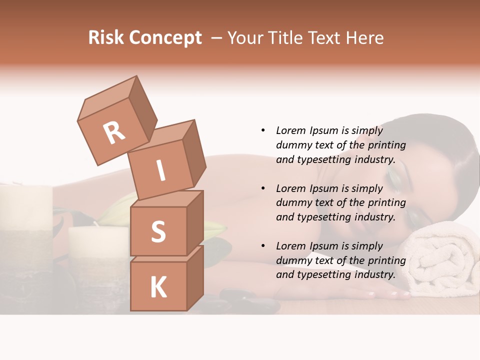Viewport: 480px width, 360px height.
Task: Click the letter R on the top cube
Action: click(x=114, y=133)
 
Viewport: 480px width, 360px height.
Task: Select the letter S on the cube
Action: click(x=158, y=231)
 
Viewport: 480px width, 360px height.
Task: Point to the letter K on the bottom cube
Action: click(x=158, y=288)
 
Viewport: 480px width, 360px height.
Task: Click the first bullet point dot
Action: click(x=263, y=130)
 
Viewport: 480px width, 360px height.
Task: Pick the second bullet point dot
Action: click(x=263, y=188)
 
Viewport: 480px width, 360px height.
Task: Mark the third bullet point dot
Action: click(x=263, y=246)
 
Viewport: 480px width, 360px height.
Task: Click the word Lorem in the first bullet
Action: click(x=291, y=130)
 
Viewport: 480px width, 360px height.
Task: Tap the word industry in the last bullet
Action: click(x=374, y=274)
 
